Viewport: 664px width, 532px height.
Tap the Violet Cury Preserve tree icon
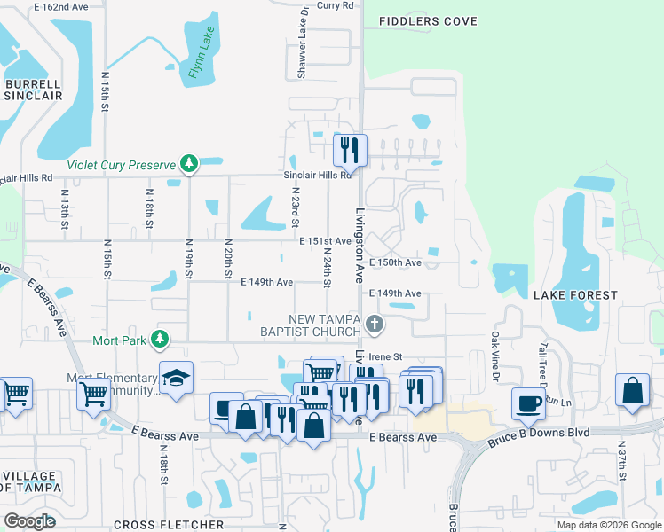(x=188, y=163)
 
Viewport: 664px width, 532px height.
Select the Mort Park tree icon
(x=160, y=339)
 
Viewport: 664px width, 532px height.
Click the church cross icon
(x=375, y=325)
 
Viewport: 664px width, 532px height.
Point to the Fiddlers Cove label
(x=427, y=21)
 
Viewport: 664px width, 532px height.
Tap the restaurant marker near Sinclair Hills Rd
(x=350, y=149)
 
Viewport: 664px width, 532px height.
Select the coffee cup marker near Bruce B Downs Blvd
(x=528, y=402)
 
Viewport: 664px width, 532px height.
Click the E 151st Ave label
(x=325, y=241)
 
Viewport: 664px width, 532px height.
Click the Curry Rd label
(x=334, y=5)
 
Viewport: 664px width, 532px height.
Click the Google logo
(x=29, y=521)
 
